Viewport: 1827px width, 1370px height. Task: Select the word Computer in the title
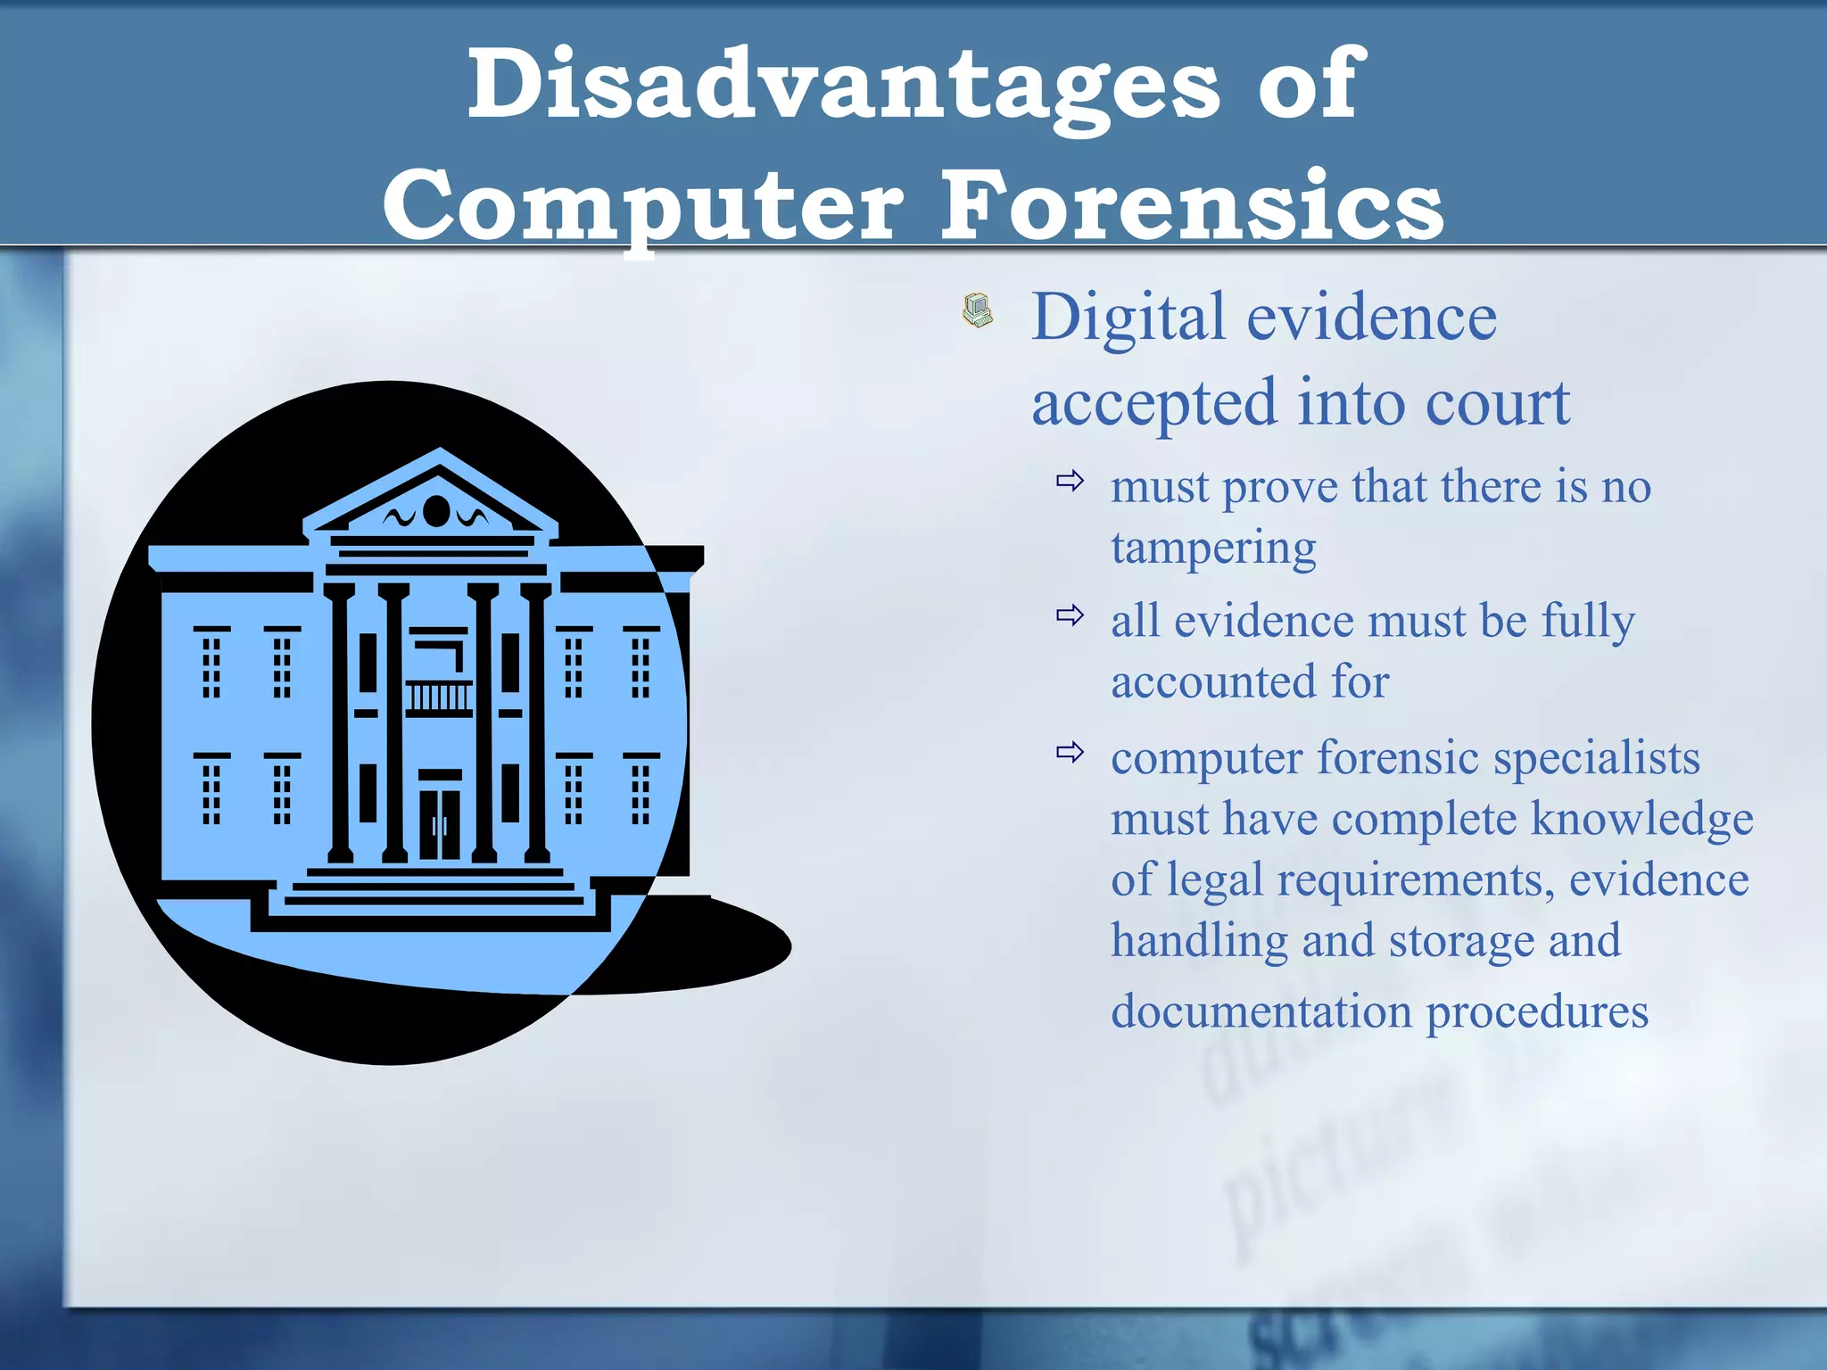click(x=642, y=208)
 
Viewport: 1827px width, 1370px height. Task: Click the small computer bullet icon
click(x=978, y=310)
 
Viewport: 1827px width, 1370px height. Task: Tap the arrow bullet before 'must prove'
click(x=1070, y=482)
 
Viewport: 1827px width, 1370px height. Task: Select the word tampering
click(x=1213, y=548)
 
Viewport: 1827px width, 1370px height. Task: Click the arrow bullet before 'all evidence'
click(x=1070, y=615)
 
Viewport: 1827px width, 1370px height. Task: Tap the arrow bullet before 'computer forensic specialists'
click(x=1070, y=752)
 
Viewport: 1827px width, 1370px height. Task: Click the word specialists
click(x=1597, y=759)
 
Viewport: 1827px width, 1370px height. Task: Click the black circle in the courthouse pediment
click(x=436, y=511)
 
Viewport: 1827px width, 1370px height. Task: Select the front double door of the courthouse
click(x=440, y=824)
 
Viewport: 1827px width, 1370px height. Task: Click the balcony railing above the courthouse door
click(x=439, y=697)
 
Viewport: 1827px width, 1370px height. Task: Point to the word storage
click(x=1460, y=942)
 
